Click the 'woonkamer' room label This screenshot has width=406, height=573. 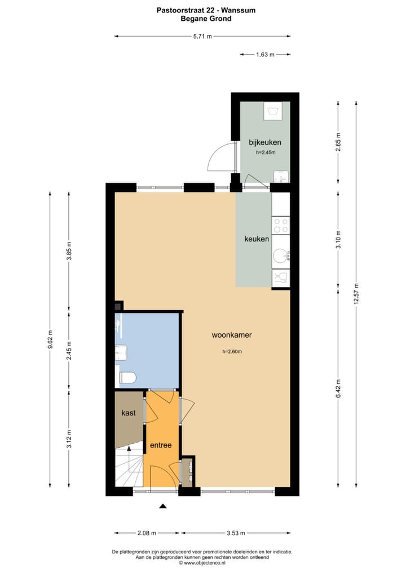231,335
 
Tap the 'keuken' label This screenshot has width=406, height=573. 256,239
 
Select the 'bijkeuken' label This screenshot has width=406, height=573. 265,142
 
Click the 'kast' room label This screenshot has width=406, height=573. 129,413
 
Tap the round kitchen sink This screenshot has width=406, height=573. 280,257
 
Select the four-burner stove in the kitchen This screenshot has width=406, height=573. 280,226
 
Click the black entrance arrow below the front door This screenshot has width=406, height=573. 163,507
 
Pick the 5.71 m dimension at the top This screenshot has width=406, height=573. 202,37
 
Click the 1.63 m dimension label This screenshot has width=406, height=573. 265,55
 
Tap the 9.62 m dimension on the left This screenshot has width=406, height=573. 50,339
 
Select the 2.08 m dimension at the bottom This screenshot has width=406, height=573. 147,533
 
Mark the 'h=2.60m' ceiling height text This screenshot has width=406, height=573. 231,352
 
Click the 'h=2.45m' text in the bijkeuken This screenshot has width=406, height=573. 265,153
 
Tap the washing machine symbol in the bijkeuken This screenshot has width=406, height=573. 275,109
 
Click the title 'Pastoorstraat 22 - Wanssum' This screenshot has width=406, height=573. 202,10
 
